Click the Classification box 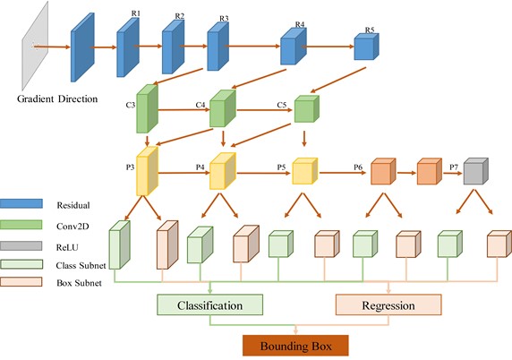[x=210, y=304]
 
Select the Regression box [x=388, y=304]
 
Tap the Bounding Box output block [x=295, y=346]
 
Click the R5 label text [x=370, y=30]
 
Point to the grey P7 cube [x=476, y=171]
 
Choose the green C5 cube [x=307, y=108]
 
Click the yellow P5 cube [x=304, y=171]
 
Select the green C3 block [x=147, y=108]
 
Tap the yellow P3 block [x=147, y=171]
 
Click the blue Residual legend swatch [x=21, y=203]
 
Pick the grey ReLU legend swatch [x=21, y=245]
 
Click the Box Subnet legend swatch [x=21, y=281]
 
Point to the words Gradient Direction [x=57, y=99]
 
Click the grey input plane [x=35, y=46]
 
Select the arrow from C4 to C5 [x=264, y=110]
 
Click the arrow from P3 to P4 [x=183, y=173]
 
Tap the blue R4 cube [x=294, y=46]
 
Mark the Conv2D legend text [x=73, y=226]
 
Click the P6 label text [x=358, y=167]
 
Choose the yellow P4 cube [x=222, y=171]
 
